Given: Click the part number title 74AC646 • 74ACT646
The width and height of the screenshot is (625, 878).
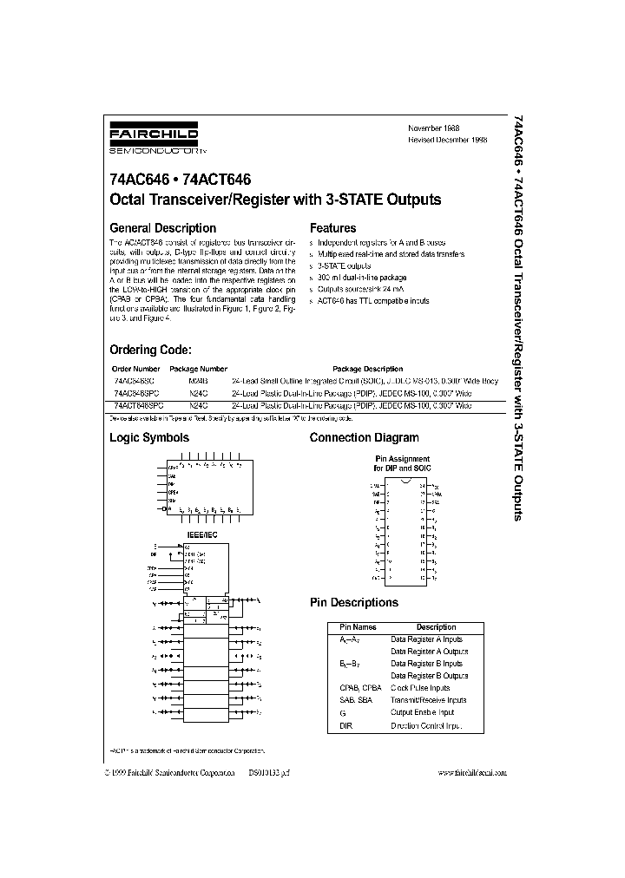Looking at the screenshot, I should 180,180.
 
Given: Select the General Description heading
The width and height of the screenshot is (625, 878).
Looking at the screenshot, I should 162,228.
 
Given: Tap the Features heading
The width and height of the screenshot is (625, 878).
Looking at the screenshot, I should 332,228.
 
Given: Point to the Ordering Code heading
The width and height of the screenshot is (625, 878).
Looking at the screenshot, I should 149,350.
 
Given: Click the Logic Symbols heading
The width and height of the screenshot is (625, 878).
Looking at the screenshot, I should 148,438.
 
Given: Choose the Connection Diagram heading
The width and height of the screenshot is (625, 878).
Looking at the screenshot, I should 364,438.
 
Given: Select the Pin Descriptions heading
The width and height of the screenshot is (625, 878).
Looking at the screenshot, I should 354,602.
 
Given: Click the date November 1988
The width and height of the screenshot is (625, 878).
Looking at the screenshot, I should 433,128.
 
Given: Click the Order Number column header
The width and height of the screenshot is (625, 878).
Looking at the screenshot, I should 135,369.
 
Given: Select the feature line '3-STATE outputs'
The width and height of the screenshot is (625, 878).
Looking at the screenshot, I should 344,266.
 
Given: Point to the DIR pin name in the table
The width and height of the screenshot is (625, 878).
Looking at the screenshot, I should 346,724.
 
